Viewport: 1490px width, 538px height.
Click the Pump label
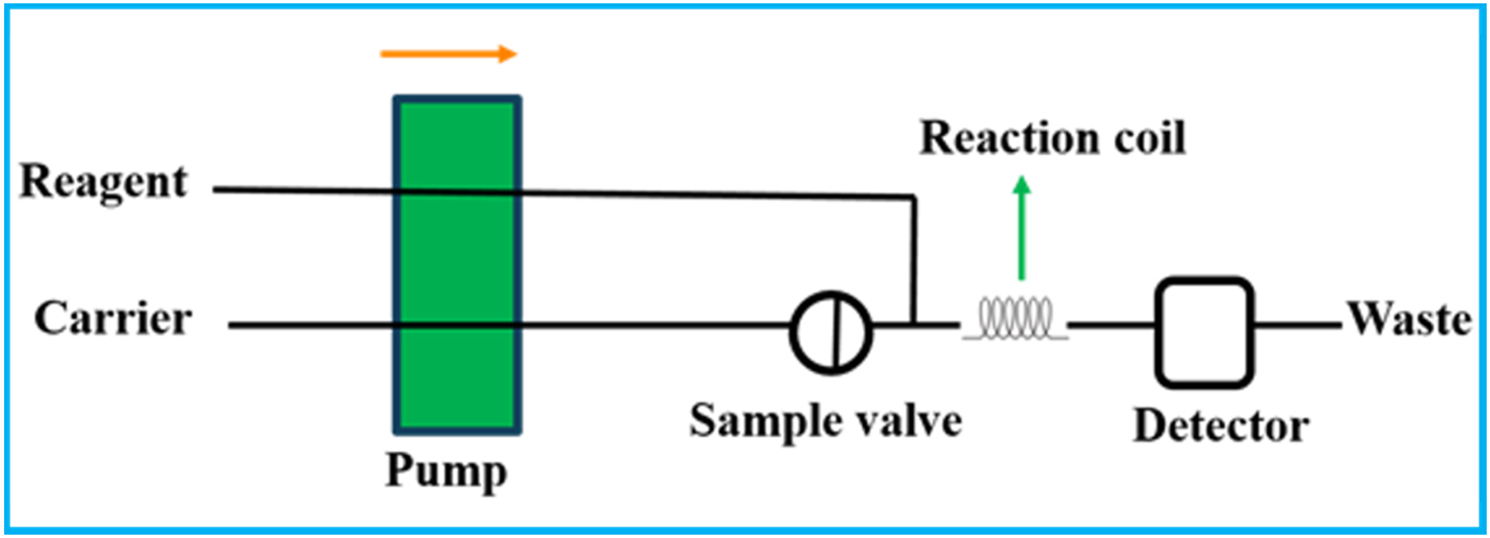[446, 470]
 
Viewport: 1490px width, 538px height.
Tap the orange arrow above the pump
[448, 54]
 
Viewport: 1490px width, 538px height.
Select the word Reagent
[103, 182]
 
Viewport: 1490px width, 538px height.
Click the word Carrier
[113, 319]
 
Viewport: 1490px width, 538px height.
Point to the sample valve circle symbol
[831, 332]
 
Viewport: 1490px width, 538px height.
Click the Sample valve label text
[825, 421]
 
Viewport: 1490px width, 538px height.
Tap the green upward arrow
[1021, 229]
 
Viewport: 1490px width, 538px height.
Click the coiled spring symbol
[1015, 319]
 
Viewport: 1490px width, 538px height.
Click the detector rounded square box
[1203, 332]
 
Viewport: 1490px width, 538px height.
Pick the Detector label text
[1221, 426]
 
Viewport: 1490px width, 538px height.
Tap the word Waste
[1410, 319]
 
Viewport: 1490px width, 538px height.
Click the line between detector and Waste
[1298, 325]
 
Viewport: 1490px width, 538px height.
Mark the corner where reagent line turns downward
[913, 197]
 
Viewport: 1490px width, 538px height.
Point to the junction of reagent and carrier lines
[914, 324]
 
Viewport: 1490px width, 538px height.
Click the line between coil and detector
[1111, 325]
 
